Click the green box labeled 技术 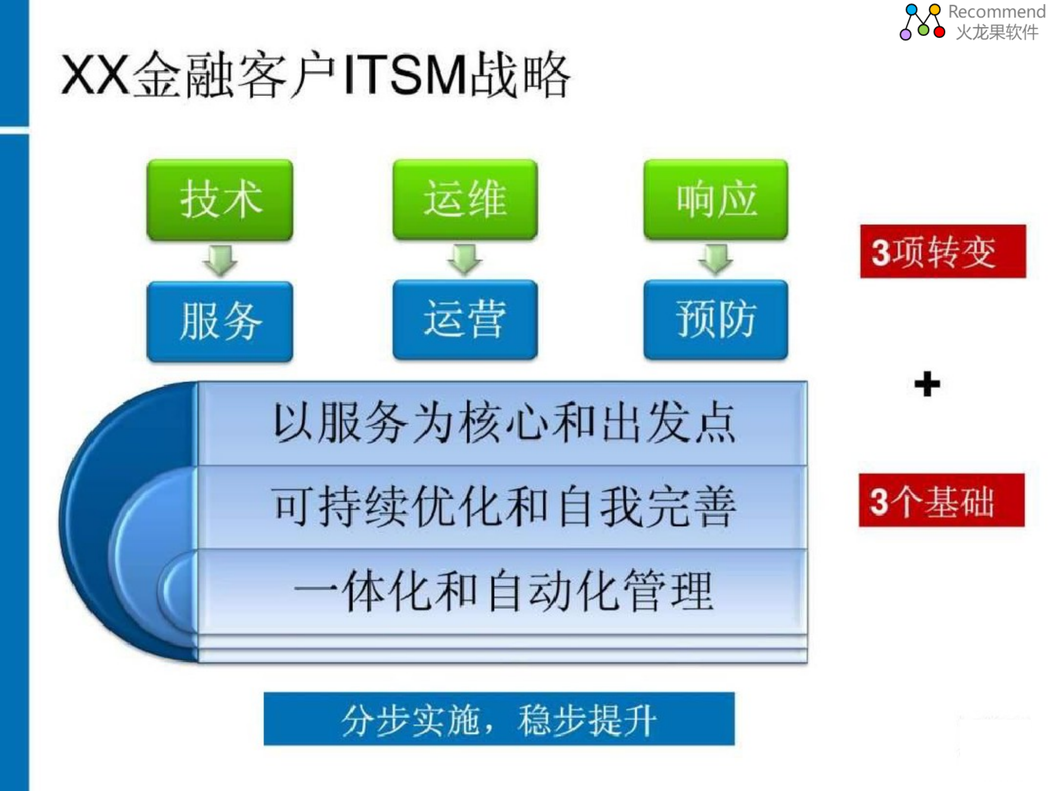[220, 200]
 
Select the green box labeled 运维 [465, 199]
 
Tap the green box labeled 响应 [715, 199]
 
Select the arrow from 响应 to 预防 [715, 259]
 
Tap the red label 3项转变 [943, 251]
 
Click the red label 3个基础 [941, 500]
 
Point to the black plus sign [927, 384]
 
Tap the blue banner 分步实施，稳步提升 [499, 719]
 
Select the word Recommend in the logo [996, 11]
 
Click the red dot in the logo [939, 32]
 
